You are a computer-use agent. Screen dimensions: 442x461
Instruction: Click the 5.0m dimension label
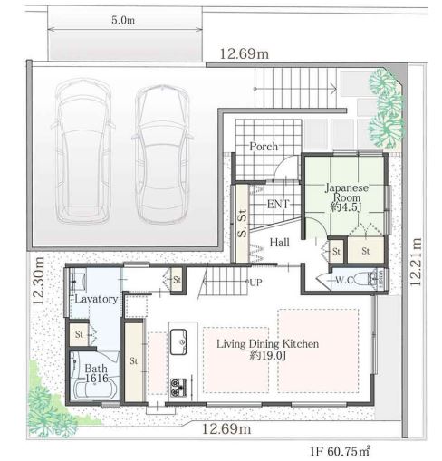point(123,20)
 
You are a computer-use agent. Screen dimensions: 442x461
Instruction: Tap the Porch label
point(264,147)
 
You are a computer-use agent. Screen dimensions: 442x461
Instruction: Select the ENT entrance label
point(278,205)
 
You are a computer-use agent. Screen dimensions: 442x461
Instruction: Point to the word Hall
point(279,242)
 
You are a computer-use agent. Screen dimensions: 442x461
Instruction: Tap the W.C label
point(344,280)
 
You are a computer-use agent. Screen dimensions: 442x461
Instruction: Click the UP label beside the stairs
point(255,283)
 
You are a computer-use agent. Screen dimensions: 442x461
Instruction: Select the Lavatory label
point(96,299)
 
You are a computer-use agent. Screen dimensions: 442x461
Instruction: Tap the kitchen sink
point(178,341)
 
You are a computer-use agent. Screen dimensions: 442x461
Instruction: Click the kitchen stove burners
point(178,388)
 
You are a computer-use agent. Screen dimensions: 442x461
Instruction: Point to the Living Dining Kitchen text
point(267,344)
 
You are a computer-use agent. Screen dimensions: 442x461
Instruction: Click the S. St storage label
point(242,223)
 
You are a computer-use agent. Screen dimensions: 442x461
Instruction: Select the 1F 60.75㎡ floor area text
point(340,451)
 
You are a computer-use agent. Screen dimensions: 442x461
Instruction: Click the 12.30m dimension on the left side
point(39,281)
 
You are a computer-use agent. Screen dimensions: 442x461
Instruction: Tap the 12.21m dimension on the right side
point(416,262)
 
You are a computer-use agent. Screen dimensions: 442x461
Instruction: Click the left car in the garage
point(83,151)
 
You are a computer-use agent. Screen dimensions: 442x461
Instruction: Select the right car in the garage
point(163,154)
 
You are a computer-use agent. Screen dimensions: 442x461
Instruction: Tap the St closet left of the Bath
point(79,334)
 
